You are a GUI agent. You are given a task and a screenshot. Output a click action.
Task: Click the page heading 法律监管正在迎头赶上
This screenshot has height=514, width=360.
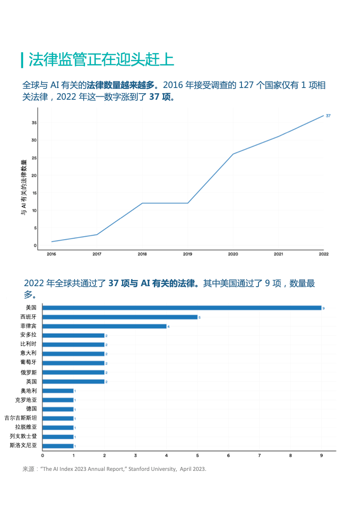point(101,60)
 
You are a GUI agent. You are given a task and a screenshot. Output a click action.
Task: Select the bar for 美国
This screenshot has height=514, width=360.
point(182,308)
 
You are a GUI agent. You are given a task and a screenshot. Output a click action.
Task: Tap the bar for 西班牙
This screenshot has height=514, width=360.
point(120,317)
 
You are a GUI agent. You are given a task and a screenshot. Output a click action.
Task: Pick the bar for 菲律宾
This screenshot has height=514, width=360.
point(105,326)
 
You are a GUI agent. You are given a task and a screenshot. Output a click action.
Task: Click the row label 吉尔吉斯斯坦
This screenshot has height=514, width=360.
point(20,418)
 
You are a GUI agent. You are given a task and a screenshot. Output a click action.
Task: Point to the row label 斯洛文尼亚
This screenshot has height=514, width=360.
point(23,446)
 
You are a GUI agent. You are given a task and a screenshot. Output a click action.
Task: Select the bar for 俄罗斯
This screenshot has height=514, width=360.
point(74,372)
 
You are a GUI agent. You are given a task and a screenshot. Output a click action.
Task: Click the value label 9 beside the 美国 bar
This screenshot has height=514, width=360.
point(323,308)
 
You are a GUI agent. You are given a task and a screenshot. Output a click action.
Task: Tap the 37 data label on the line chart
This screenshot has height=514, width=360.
point(328,116)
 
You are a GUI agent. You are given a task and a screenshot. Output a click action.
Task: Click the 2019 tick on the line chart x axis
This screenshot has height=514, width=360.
point(187,254)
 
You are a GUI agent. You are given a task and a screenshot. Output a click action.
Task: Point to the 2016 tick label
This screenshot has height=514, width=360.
point(51,254)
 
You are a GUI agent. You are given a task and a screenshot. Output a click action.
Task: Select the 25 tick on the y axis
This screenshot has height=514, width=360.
point(34,158)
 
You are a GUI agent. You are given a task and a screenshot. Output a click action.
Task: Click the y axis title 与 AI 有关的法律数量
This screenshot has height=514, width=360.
point(24,187)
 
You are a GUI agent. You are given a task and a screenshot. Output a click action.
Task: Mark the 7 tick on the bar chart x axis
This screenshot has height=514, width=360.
point(259,456)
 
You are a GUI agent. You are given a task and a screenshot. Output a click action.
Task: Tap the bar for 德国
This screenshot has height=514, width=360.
point(58,409)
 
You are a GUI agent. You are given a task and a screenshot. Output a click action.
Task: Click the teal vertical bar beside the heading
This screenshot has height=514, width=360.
point(22,60)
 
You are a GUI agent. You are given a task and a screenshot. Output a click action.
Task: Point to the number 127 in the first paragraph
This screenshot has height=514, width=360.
point(246,85)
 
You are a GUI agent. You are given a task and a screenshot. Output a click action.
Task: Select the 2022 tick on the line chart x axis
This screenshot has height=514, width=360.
point(323,254)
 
